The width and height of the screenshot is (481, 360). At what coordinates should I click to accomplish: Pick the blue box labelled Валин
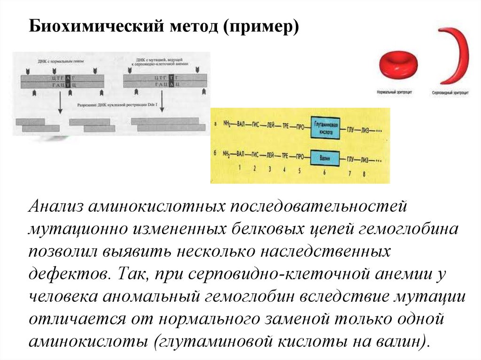click(x=325, y=158)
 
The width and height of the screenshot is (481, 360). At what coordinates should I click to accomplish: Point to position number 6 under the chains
click(x=324, y=173)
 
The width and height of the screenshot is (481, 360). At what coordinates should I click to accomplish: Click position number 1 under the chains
click(x=240, y=167)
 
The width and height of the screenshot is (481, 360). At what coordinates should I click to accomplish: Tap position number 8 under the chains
click(x=364, y=174)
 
